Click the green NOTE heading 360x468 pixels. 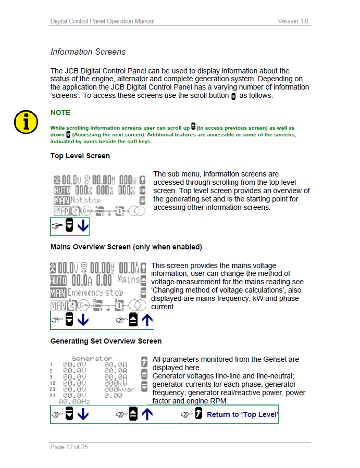[x=60, y=112]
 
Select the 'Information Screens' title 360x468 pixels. [x=88, y=52]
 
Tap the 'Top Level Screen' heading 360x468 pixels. [x=80, y=156]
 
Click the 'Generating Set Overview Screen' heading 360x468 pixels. [x=106, y=341]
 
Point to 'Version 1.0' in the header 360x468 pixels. [x=293, y=21]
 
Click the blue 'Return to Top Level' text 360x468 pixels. [x=242, y=415]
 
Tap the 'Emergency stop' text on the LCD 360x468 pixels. [x=97, y=293]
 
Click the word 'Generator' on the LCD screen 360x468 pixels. [x=92, y=359]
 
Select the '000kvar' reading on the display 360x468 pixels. [x=115, y=389]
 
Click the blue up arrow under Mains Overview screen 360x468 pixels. [x=147, y=320]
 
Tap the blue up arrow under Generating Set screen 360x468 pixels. [x=147, y=415]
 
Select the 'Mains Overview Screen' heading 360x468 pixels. [x=126, y=247]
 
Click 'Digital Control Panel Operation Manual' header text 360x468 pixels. [x=102, y=21]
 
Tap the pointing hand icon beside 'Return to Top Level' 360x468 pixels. [x=187, y=415]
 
